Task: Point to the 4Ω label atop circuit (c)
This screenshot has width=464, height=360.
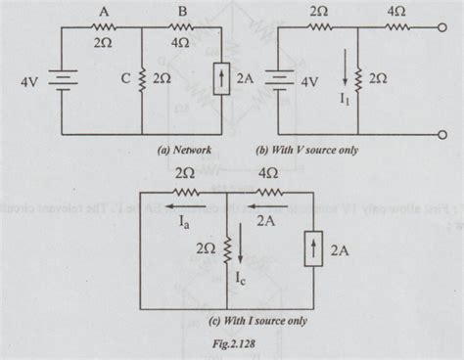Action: (268, 173)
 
